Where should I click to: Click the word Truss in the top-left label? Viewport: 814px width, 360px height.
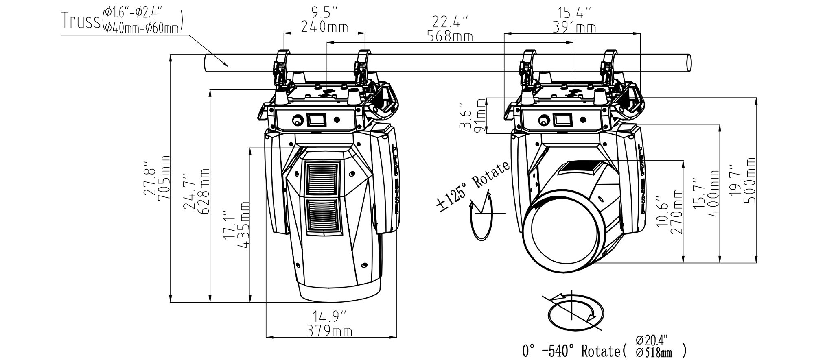(x=81, y=20)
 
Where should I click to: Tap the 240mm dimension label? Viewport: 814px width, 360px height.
(x=324, y=27)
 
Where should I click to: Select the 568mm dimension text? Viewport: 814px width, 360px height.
(x=450, y=37)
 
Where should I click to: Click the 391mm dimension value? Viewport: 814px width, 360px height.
(x=574, y=27)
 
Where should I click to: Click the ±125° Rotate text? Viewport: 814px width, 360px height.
(x=472, y=185)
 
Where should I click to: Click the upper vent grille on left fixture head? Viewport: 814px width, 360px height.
(x=322, y=179)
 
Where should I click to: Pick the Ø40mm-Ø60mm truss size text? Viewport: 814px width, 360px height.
(x=142, y=28)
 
